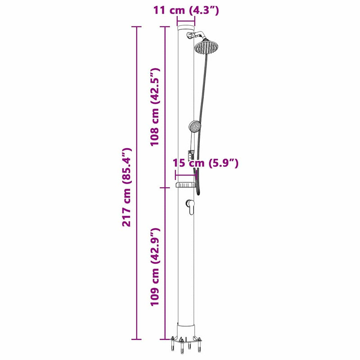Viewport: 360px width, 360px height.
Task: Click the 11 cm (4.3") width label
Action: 186,10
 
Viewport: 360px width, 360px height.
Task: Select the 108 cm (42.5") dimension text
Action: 155,106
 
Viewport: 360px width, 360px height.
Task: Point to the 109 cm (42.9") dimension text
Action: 155,267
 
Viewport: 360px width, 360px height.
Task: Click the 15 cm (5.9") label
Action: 206,163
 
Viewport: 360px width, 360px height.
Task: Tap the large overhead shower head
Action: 207,46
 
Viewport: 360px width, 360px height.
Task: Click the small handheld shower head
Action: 195,126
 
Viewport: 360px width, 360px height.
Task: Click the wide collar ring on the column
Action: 185,185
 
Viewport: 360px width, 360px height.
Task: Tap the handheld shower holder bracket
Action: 191,154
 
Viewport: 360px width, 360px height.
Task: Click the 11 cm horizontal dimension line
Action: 186,21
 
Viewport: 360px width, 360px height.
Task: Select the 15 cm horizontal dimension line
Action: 185,175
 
